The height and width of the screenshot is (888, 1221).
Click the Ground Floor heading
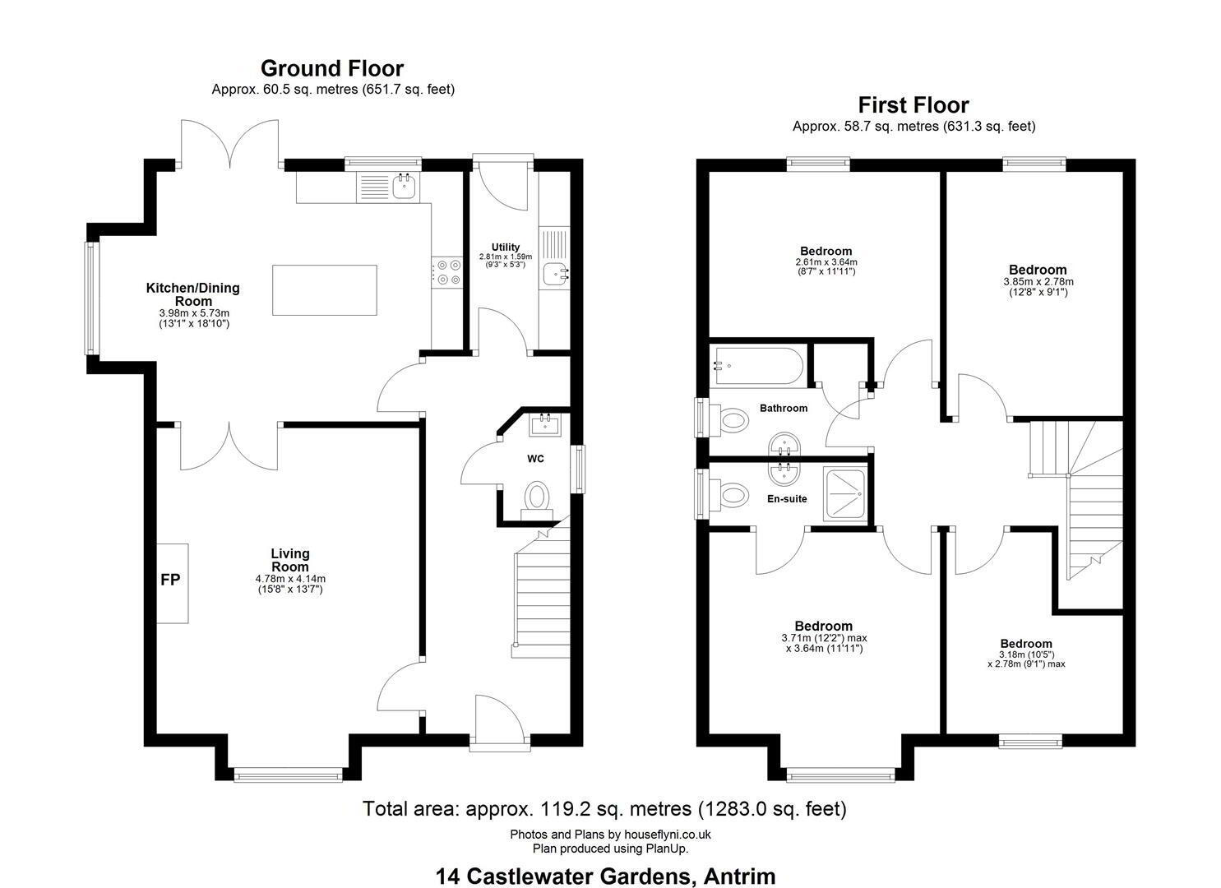tap(332, 69)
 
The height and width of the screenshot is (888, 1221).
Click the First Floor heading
tap(913, 105)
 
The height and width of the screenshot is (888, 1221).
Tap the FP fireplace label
tap(170, 580)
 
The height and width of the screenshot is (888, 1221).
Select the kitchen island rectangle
tap(324, 290)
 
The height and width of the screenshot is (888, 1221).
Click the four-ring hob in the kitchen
tap(447, 272)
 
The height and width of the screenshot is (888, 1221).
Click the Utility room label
tap(506, 247)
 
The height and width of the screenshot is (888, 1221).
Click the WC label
tap(535, 459)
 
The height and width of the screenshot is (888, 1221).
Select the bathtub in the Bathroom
tap(756, 367)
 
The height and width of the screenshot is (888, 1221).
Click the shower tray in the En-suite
tap(844, 494)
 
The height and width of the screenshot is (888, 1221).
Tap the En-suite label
tap(787, 499)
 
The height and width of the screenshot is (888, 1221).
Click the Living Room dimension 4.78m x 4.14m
tap(290, 578)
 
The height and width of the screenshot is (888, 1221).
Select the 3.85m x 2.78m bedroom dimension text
tap(1038, 282)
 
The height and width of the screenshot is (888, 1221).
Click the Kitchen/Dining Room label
tap(193, 294)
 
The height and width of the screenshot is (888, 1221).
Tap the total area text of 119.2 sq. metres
tap(604, 808)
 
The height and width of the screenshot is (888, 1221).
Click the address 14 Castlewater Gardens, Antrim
tap(605, 862)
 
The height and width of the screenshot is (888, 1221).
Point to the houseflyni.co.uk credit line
tap(610, 834)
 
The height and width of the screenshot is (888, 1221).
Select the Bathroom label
tap(784, 409)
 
